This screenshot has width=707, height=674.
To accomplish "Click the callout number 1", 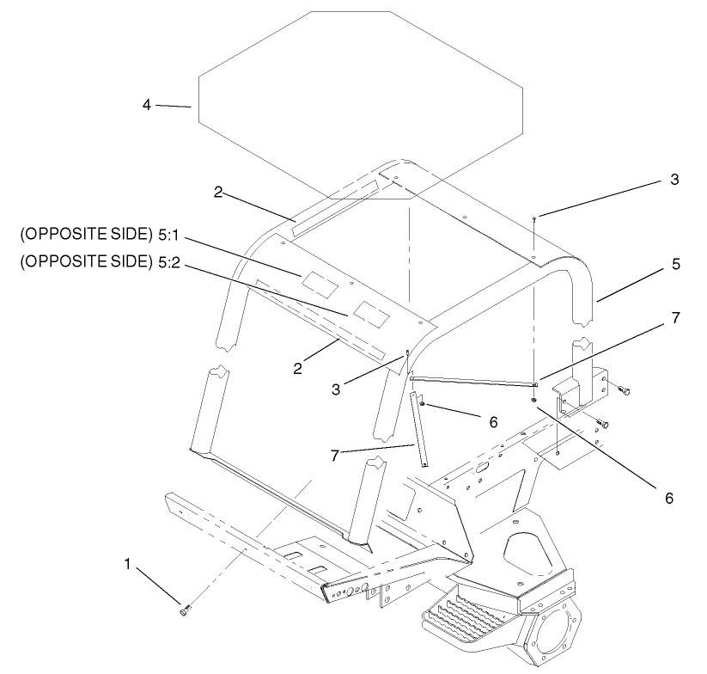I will pos(127,567).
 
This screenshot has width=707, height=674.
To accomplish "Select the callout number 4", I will pos(147,104).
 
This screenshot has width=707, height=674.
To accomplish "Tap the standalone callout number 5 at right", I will pos(676,264).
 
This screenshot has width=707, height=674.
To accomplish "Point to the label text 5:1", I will pos(165,234).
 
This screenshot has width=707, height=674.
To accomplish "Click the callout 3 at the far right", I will pos(674,181).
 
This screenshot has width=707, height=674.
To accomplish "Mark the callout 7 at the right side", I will pos(676,318).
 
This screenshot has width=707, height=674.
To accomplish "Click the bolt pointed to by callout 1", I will pos(185,610).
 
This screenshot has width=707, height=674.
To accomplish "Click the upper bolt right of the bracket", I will pos(625,391).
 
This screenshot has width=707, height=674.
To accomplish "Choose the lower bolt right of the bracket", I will pos(602,424).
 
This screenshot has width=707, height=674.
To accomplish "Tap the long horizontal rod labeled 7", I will pos(472,381).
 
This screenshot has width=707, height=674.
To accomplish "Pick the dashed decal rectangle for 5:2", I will pos(368,309).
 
